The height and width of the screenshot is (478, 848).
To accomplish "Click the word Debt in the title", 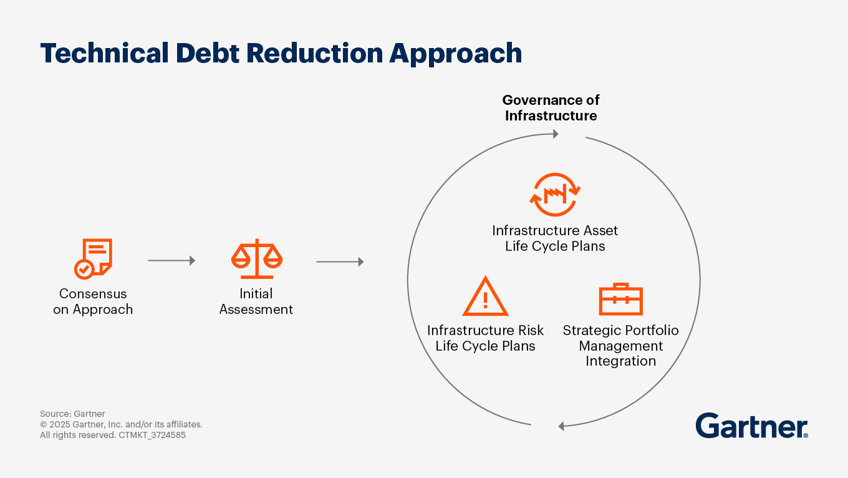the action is point(207,53).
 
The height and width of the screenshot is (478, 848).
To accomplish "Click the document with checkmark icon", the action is point(93,259).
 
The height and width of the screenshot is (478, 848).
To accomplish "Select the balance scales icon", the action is point(257,259).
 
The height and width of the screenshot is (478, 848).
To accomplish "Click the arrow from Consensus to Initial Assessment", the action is point(171,261).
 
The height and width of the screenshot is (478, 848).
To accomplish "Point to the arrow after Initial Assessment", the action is point(340,261).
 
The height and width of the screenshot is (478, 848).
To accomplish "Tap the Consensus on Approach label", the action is point(93,301).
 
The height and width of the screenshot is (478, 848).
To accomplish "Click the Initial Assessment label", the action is point(256,301).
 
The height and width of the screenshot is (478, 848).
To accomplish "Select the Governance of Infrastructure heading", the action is point(551,108).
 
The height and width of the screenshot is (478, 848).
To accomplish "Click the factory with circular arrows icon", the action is point(555,195).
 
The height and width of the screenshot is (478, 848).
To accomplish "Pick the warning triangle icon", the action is point(485,296).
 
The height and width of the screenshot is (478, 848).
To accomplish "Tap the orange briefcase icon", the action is point(621,299).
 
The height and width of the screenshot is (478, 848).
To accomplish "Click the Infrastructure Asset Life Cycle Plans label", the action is point(555,238).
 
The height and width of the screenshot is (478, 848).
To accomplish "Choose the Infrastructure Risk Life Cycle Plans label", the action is point(485,338).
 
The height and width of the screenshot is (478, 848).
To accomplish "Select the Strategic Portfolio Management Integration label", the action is point(621,346).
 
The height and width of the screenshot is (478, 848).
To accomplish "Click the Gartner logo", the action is point(752,426).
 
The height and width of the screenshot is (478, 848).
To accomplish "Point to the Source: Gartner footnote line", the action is point(72,414).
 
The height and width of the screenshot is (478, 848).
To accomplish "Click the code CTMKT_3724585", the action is point(152,435).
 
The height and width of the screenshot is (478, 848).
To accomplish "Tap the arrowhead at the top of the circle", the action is point(556,134).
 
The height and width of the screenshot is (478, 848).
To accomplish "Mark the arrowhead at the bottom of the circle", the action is point(561,426).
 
